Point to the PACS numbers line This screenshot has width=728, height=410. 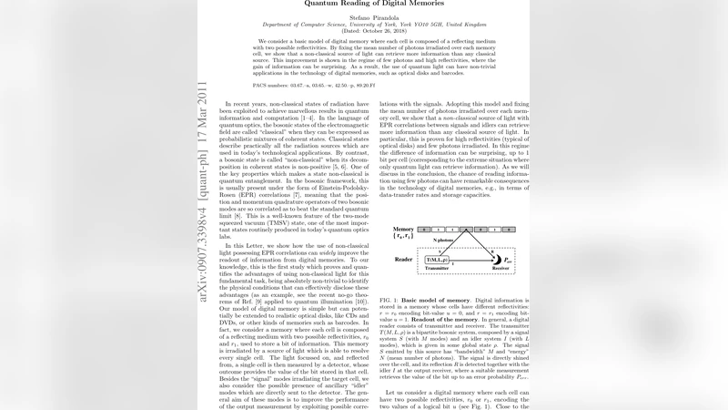[309, 83]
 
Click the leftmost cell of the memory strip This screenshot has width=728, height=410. [425, 230]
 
